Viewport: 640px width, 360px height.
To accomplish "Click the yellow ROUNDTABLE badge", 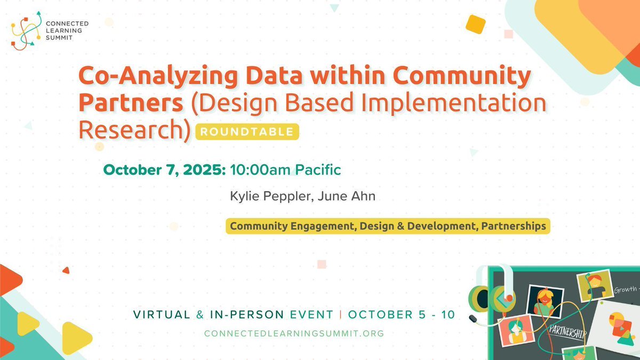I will click(x=247, y=132).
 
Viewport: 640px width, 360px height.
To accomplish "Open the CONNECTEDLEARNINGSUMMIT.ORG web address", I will click(x=294, y=333).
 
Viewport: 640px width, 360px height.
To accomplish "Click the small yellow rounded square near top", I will click(x=475, y=24).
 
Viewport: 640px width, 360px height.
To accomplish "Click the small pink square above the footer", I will click(x=322, y=264).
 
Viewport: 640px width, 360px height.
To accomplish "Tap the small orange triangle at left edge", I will click(x=66, y=270).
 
